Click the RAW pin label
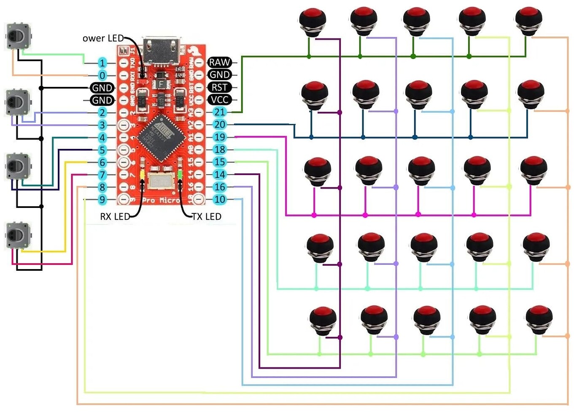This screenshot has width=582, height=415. coord(219,62)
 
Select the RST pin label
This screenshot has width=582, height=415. coord(219,87)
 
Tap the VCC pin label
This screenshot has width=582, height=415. coord(219,100)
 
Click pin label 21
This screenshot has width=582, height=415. coord(219,112)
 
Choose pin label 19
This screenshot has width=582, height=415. coord(219,137)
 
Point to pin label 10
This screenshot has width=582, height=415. coord(219,199)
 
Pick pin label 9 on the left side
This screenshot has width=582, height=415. coord(102,199)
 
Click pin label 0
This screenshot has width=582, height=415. coord(102,75)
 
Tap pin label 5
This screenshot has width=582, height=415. coord(102,150)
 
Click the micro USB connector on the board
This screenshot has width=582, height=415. coord(162,51)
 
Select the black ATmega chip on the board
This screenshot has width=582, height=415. coord(161,137)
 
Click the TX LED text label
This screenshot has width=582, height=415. coord(206,216)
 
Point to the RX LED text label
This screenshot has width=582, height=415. coord(115,217)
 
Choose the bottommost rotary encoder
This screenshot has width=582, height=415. coord(18,235)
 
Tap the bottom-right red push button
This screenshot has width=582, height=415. coord(539,319)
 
